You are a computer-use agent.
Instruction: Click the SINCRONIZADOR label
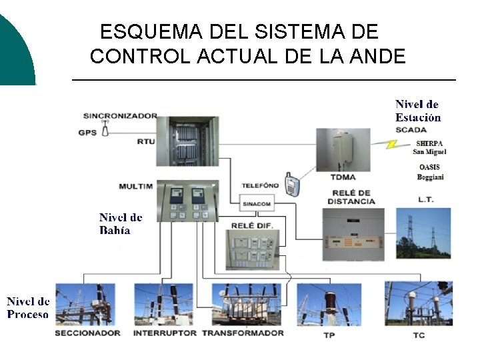pos(120,115)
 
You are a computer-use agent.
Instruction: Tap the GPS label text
pos(87,132)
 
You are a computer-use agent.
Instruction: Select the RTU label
pos(145,141)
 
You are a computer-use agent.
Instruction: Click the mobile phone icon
pos(290,185)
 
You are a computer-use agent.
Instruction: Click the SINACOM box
pos(256,204)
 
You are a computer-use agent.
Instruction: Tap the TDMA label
pos(343,177)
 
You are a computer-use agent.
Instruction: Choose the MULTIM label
pos(135,186)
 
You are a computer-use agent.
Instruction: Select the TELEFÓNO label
pos(260,185)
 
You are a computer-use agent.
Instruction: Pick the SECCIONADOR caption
pos(87,333)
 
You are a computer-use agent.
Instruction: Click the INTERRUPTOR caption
pos(165,333)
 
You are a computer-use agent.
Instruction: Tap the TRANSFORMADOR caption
pos(243,333)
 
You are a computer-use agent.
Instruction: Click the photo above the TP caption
pos(329,304)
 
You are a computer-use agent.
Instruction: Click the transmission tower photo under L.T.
pos(423,233)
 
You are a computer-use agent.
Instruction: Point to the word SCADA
pos(411,129)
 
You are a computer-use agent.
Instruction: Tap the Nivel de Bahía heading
pos(121,223)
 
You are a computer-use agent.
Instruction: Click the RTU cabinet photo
pos(193,141)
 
